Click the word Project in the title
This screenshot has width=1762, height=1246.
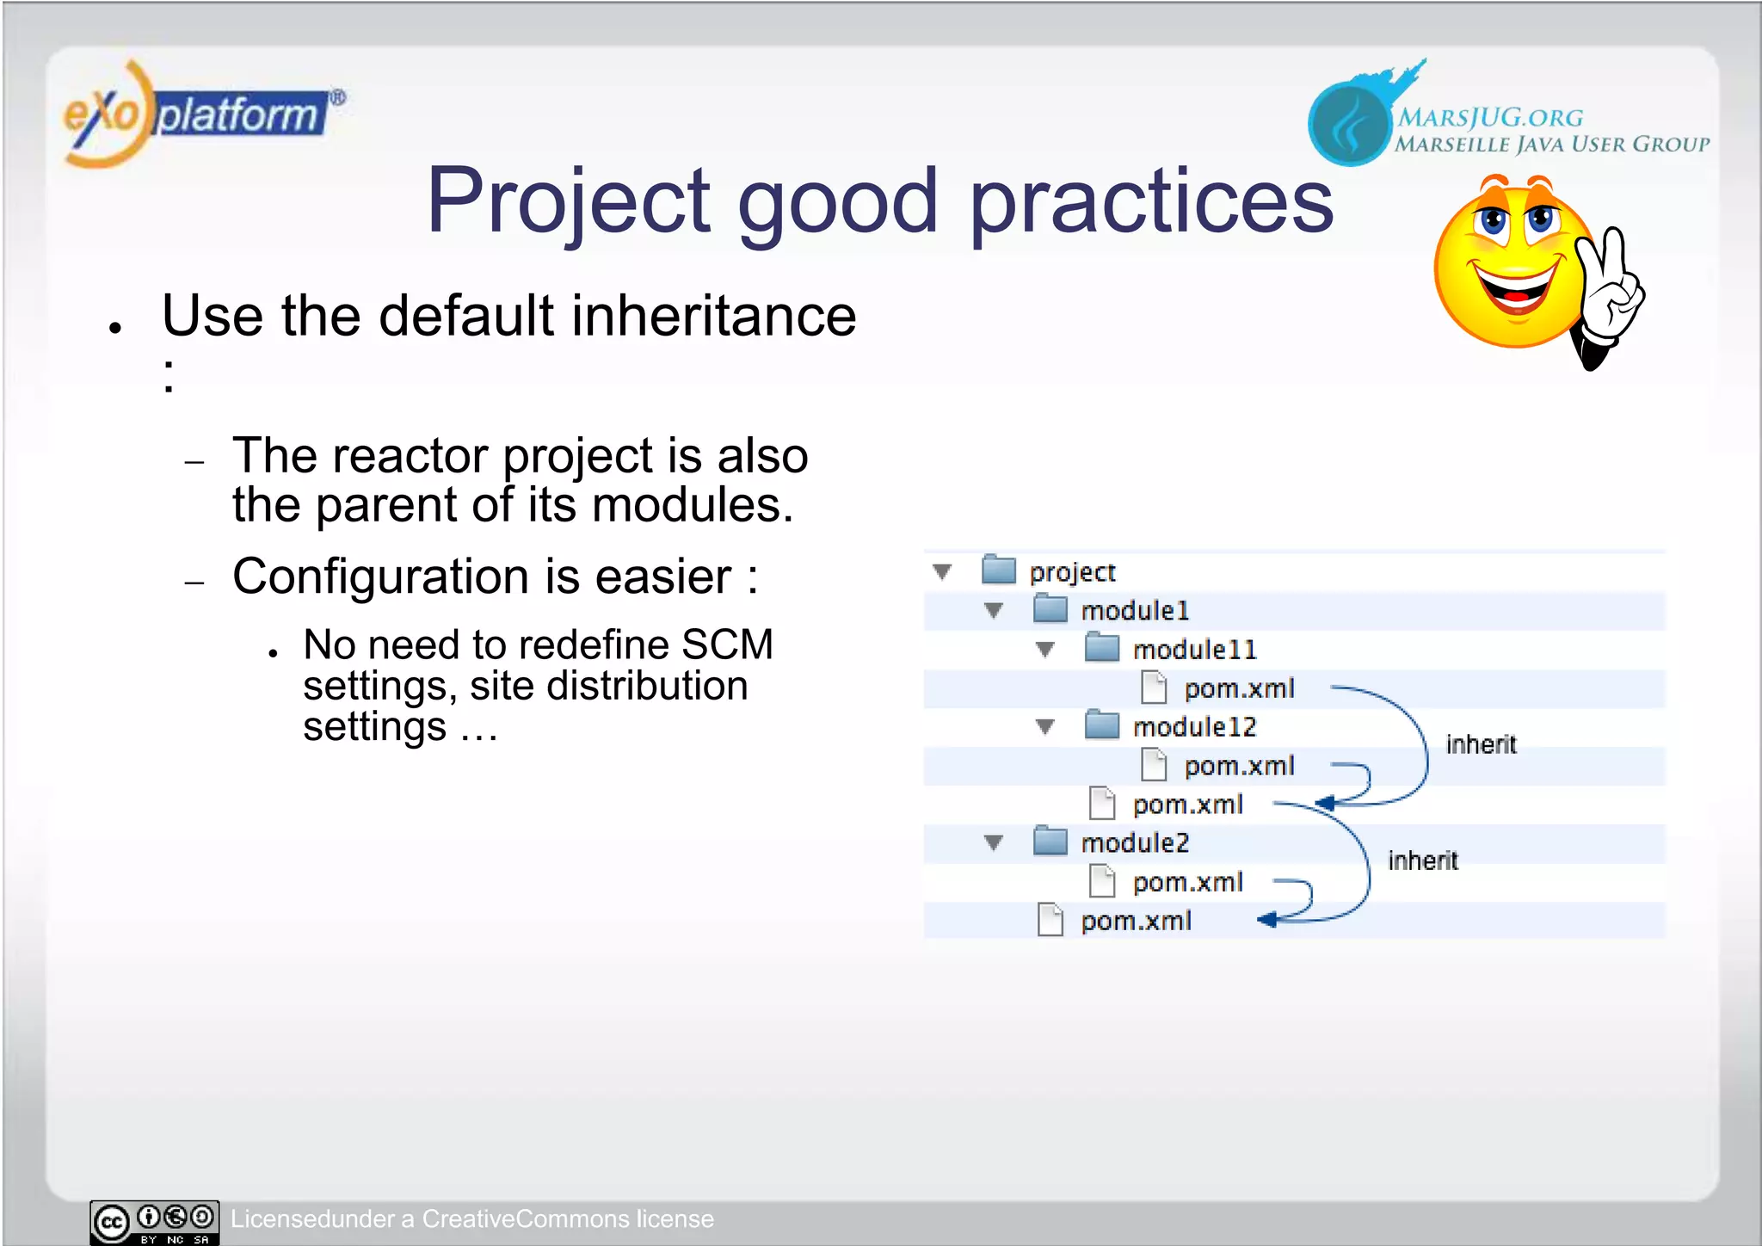[x=568, y=202]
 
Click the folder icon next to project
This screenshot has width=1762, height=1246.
[x=999, y=570]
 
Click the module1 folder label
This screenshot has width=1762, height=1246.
[x=1135, y=611]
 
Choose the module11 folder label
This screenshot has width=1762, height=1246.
[x=1194, y=650]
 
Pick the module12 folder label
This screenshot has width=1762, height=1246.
[x=1194, y=727]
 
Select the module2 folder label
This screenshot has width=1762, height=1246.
[x=1135, y=843]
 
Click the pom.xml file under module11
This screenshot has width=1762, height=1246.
[x=1238, y=688]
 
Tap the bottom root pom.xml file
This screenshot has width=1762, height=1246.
[x=1136, y=921]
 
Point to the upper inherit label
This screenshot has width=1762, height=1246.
[x=1481, y=744]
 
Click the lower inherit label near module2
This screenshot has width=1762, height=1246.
[x=1422, y=860]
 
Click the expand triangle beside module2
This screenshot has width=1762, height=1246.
[x=994, y=843]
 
